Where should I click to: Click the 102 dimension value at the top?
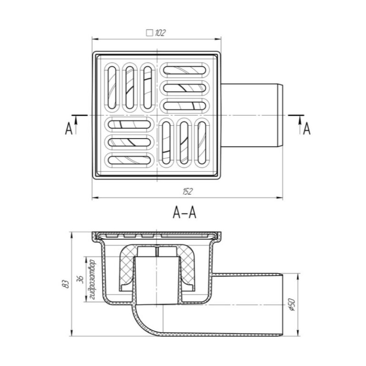[160, 33]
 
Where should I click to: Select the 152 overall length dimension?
[187, 192]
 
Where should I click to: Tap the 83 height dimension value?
[67, 284]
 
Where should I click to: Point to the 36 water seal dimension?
[81, 279]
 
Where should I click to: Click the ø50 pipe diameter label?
[292, 305]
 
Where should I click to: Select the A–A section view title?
[184, 213]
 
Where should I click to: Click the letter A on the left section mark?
[69, 129]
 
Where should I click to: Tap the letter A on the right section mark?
[307, 129]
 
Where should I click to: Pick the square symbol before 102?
[149, 33]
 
